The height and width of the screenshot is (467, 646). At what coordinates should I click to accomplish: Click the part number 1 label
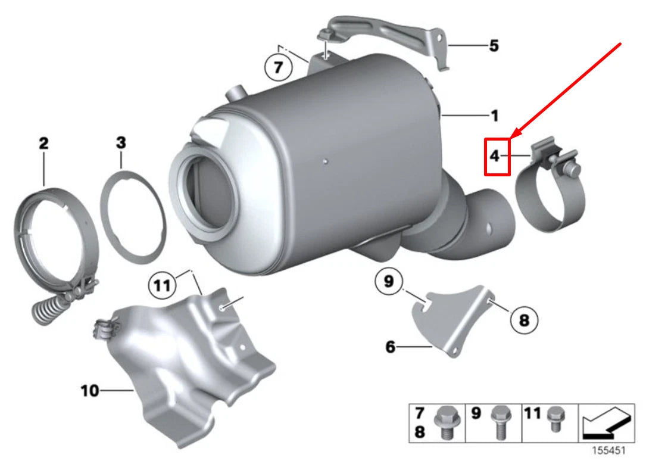point(494,115)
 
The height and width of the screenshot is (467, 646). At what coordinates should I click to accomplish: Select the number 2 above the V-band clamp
point(44,143)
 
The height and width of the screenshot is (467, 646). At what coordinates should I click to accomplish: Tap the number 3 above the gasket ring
point(121,143)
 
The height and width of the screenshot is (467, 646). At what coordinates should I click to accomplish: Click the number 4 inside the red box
point(494,156)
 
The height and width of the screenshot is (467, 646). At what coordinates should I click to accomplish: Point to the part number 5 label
point(494,46)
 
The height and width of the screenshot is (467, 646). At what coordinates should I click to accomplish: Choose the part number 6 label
point(390,346)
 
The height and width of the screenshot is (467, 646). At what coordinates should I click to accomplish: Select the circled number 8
point(524,321)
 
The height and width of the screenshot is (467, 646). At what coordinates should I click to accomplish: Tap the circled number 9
point(389,282)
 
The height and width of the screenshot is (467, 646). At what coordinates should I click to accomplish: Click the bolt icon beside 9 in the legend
point(499,421)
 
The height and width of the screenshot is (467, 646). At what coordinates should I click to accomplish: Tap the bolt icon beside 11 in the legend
point(555,418)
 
